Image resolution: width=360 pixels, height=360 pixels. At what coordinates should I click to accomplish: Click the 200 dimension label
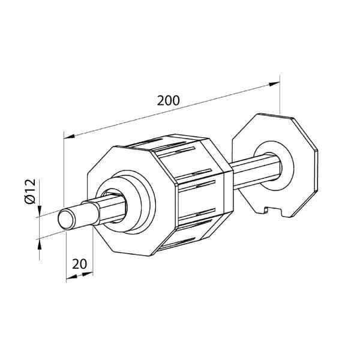click(x=168, y=101)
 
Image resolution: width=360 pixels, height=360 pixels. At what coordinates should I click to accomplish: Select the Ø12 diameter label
click(x=31, y=191)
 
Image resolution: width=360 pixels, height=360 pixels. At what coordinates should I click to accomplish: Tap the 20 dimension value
click(x=79, y=264)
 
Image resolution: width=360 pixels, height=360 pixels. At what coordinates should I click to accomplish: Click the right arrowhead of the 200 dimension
click(x=274, y=84)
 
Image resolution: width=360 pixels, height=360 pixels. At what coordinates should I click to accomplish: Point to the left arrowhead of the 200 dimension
click(x=70, y=136)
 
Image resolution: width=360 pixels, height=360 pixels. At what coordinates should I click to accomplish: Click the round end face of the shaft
click(x=66, y=219)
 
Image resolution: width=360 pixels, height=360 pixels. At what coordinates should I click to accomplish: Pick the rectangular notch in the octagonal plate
click(x=272, y=211)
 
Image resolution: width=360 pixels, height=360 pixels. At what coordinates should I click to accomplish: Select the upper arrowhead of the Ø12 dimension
click(x=40, y=211)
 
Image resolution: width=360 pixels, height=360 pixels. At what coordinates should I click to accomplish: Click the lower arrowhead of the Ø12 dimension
click(x=40, y=244)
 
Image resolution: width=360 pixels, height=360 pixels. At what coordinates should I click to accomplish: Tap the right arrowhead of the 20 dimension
click(x=87, y=274)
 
